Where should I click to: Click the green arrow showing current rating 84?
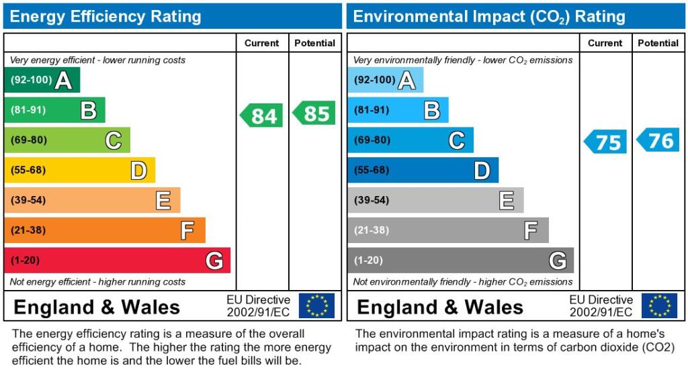(x=262, y=115)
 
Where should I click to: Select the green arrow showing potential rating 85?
(x=314, y=113)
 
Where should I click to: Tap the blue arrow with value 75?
(x=605, y=142)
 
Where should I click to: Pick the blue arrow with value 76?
(x=658, y=140)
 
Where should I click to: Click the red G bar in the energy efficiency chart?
(x=117, y=260)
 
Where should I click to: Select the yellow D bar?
(x=79, y=171)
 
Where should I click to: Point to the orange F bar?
(x=104, y=230)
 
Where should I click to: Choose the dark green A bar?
(x=42, y=81)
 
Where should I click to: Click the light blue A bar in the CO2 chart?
(x=385, y=81)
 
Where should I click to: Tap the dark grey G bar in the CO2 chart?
(x=460, y=260)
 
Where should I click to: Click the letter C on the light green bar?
(x=113, y=140)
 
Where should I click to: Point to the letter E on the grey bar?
(x=507, y=200)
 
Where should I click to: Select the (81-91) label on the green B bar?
(x=28, y=110)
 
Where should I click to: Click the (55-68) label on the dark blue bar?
(x=372, y=171)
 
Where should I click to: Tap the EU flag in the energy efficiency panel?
(x=316, y=305)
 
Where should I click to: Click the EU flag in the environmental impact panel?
(x=659, y=305)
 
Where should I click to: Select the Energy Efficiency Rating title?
(x=105, y=17)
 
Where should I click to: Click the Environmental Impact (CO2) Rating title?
(x=489, y=17)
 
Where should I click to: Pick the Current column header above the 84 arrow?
(x=261, y=43)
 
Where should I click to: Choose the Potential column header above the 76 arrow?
(x=658, y=43)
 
